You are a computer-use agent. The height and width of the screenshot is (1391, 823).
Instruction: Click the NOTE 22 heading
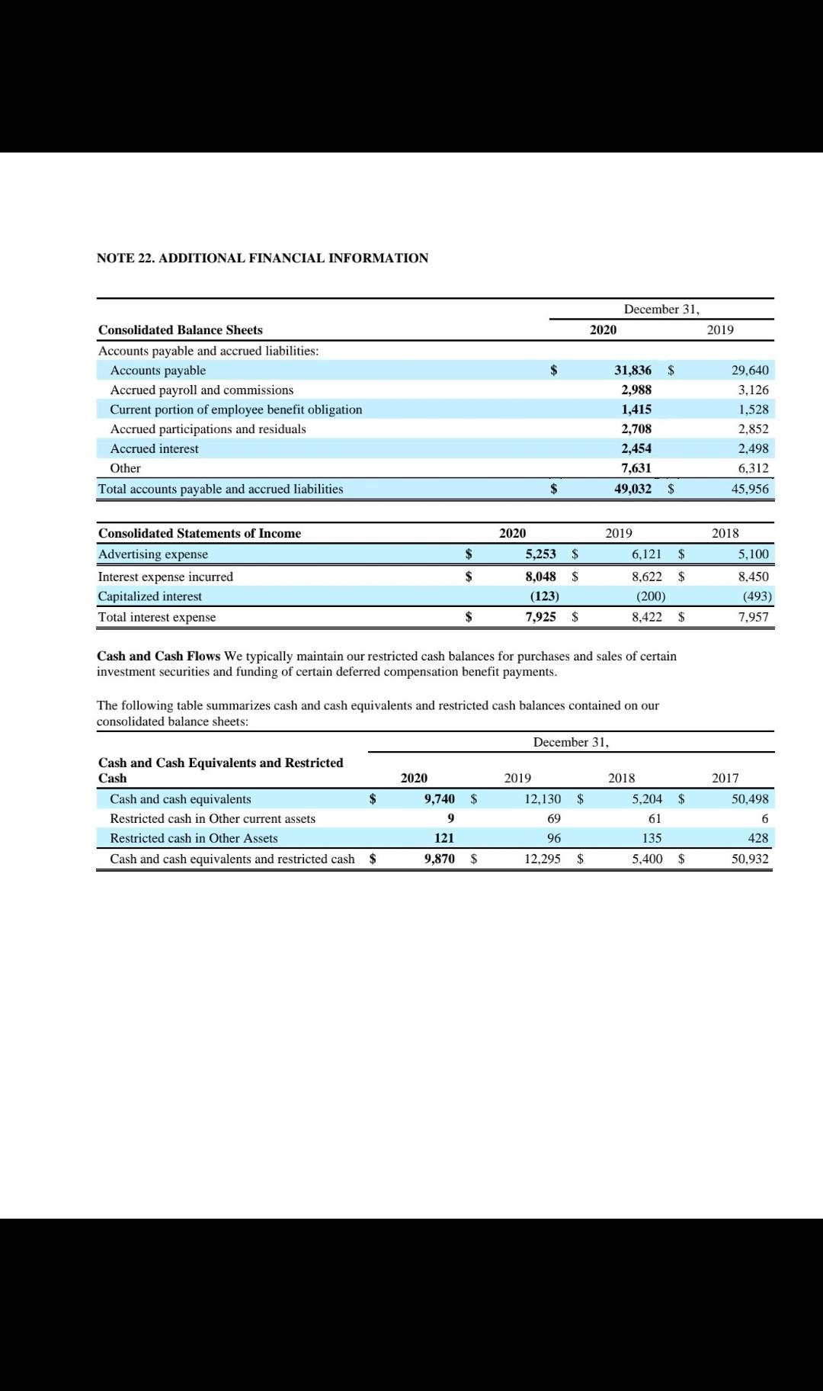262,258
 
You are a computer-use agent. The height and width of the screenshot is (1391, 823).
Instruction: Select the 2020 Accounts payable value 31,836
632,371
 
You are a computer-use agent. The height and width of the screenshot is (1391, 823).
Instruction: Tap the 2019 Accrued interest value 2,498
753,448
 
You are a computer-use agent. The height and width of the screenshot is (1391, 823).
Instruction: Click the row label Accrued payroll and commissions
201,390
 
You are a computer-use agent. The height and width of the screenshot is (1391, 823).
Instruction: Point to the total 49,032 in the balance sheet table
632,489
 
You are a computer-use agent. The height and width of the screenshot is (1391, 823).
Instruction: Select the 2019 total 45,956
750,489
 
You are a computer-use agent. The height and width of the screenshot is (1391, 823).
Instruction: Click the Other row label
126,468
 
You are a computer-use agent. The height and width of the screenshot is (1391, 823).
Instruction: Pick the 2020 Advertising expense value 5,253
540,554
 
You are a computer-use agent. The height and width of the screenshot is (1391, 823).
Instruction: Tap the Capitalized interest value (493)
757,596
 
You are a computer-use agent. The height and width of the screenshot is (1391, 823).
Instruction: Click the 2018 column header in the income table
725,533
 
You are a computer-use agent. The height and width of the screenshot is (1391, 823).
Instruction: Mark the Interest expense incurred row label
165,577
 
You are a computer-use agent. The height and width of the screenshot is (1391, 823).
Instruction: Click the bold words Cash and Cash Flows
159,656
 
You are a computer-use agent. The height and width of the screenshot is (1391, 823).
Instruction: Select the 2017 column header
725,778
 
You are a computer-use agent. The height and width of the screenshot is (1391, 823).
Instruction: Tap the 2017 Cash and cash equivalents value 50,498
750,799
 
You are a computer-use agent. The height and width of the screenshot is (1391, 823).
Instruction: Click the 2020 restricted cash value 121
444,838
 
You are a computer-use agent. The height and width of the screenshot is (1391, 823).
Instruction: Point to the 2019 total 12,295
542,859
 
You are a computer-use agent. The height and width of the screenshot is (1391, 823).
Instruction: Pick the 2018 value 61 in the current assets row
654,818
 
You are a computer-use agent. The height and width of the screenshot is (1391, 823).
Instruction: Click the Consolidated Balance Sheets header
180,329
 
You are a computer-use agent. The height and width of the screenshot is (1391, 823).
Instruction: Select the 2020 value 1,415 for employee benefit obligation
636,410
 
